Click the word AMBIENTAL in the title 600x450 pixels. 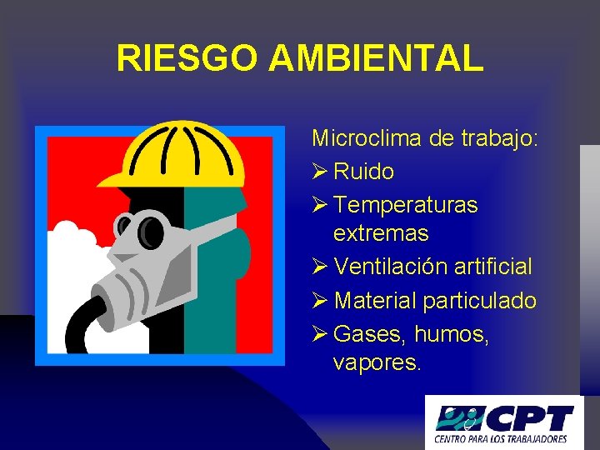point(377,58)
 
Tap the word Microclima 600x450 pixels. point(367,138)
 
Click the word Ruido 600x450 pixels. point(363,172)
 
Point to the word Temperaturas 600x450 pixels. point(405,204)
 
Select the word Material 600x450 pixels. point(374,300)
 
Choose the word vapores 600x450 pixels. point(377,363)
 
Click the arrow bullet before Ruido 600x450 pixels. point(319,172)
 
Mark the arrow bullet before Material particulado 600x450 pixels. point(319,301)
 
